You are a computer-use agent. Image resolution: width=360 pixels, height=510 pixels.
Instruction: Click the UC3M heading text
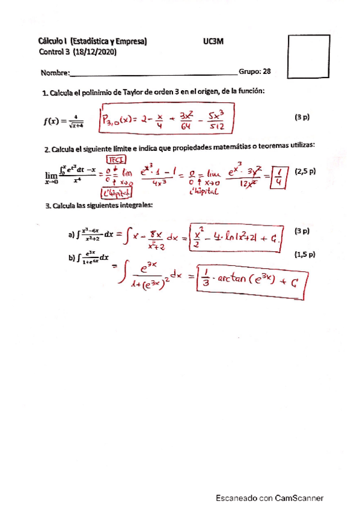point(215,41)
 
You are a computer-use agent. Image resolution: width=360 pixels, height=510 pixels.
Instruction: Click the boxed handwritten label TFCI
point(115,159)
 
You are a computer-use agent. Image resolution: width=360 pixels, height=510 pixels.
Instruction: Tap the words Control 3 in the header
point(55,52)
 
